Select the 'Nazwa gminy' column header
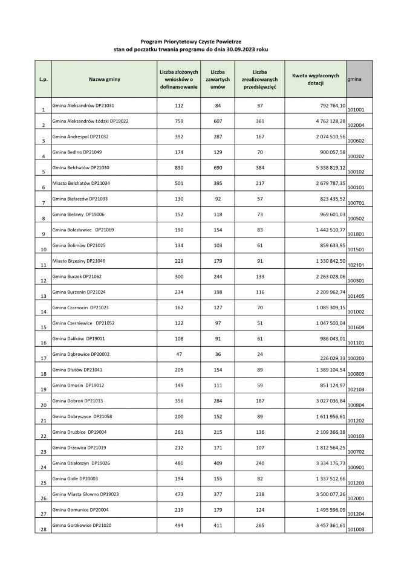104,79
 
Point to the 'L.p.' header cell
43,79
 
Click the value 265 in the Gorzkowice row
260,526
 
